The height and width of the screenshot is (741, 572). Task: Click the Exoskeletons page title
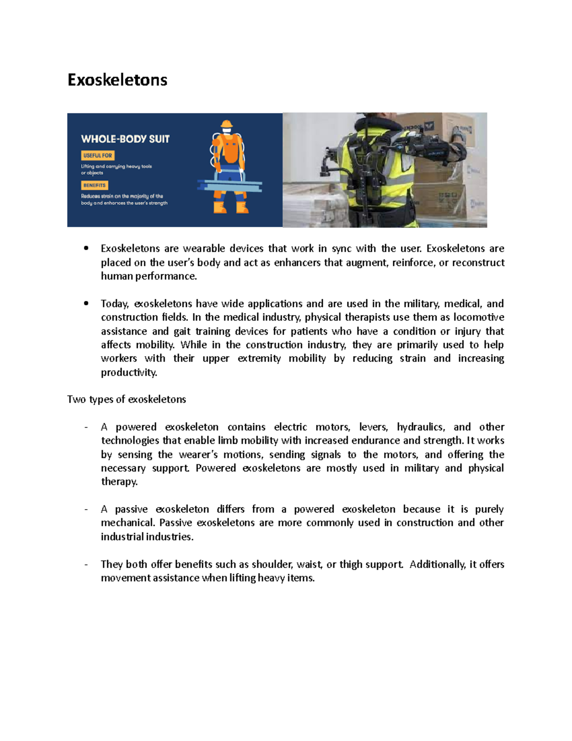point(117,80)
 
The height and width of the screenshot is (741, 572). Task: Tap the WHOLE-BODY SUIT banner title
point(125,139)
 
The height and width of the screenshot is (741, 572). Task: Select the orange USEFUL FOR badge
point(98,156)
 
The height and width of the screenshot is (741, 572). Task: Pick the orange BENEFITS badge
point(94,185)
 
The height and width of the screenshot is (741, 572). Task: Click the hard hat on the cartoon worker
point(227,125)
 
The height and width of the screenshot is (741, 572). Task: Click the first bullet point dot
point(86,248)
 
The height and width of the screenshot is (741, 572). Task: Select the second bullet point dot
point(86,303)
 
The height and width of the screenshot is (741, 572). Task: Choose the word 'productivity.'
point(129,373)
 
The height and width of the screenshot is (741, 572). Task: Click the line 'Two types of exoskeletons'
point(126,399)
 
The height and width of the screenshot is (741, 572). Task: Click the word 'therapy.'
point(119,482)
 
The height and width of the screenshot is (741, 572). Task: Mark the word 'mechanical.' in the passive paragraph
point(127,523)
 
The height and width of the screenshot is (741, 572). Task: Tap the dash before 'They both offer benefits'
point(86,564)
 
